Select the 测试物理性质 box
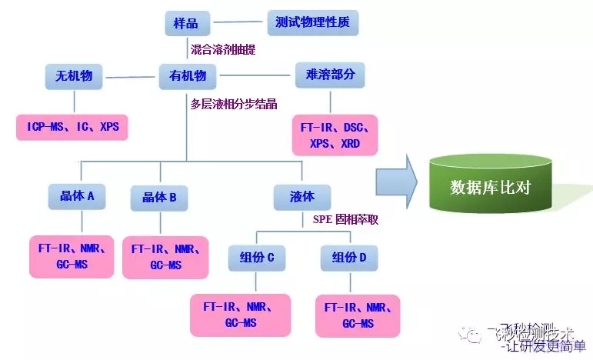coord(312,22)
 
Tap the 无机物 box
coord(74,75)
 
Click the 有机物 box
coord(187,75)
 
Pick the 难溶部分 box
coord(330,75)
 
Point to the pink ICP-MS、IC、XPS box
coord(72,126)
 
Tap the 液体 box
coord(303,196)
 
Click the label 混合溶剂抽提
coord(223,50)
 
